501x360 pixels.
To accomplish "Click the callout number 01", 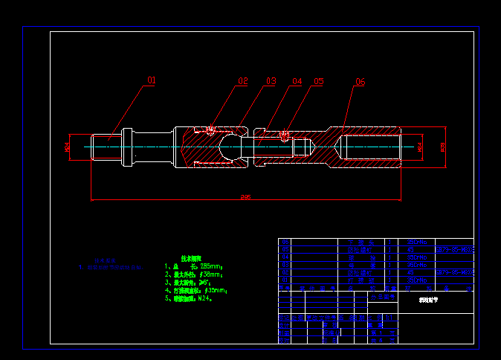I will [151, 80].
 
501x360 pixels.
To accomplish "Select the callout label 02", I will [243, 80].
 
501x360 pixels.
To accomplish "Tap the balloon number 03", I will [271, 80].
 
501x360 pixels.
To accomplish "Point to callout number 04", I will [297, 80].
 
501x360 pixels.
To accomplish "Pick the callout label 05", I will [319, 81].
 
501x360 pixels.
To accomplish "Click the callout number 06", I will [361, 82].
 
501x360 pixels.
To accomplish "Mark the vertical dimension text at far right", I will [444, 147].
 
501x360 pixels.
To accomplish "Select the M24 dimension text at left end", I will [67, 147].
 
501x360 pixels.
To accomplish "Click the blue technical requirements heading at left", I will [105, 260].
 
